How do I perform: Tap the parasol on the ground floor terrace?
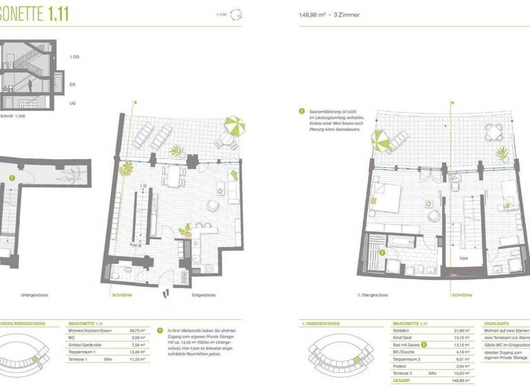tap(235, 126)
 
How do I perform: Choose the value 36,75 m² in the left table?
tap(137, 331)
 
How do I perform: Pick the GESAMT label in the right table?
tap(402, 379)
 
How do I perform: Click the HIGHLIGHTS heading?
tap(497, 323)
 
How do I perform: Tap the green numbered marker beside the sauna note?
tap(302, 110)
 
